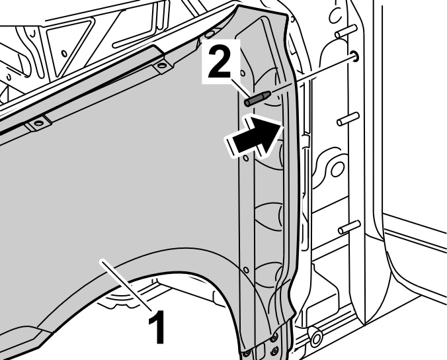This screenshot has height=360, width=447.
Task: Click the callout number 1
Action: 157,327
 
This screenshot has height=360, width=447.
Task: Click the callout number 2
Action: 220,62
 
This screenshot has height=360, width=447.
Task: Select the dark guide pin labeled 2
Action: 257,99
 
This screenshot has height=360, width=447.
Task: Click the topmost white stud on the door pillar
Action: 346,31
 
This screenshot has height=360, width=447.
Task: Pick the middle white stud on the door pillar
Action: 348,119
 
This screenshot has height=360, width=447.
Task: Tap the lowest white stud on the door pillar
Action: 349,228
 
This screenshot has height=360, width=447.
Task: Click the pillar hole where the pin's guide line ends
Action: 355,56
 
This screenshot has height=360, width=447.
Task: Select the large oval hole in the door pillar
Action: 337,169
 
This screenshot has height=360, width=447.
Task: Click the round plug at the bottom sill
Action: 316,337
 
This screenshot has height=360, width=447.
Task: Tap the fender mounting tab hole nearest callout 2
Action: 162,66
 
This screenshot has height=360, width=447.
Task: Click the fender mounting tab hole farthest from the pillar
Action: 38,124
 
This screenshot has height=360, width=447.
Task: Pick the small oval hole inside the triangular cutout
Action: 64,54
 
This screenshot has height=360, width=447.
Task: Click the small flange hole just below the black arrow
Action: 245,158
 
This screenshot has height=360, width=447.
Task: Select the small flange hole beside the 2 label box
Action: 243,73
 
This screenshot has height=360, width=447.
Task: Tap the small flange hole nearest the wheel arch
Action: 247,270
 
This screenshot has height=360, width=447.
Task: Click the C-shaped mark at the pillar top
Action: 336,15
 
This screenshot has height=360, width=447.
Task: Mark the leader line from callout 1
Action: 126,285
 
